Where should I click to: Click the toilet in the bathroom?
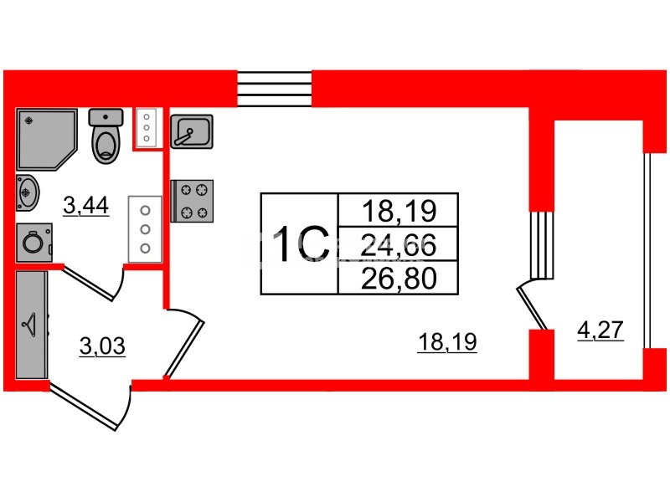[106, 138]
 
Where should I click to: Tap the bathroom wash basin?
[27, 193]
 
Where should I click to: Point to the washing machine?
[34, 242]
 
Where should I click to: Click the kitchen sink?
[193, 131]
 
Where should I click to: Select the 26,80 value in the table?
[397, 278]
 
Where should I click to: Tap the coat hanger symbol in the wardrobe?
[31, 322]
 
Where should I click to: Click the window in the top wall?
[275, 87]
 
